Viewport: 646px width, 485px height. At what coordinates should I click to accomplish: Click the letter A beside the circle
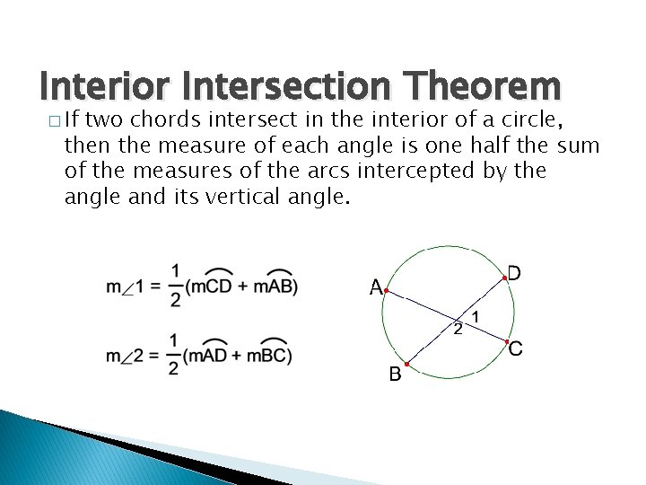[377, 288]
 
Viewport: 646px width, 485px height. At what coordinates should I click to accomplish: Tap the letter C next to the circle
[516, 349]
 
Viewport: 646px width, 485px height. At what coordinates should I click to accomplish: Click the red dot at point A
[386, 291]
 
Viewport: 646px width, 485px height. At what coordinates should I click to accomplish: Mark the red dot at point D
[504, 279]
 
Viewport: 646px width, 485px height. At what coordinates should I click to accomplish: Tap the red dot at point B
[406, 365]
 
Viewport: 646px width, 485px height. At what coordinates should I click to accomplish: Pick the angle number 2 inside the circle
[458, 330]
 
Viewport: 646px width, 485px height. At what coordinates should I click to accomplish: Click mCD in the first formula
[214, 287]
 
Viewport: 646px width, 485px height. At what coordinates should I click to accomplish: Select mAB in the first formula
[275, 287]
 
